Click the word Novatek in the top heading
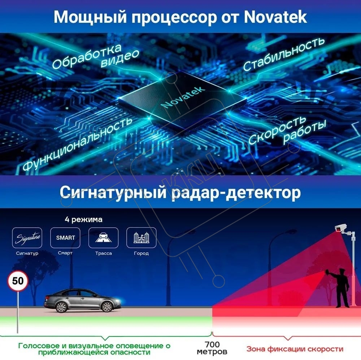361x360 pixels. [x=275, y=17]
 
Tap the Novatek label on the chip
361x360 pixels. [x=183, y=97]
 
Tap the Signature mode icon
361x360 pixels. [x=27, y=237]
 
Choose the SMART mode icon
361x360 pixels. [x=65, y=237]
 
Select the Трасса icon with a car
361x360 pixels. [x=103, y=237]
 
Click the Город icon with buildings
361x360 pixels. [x=142, y=237]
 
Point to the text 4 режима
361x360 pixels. [x=84, y=219]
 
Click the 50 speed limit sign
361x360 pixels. [x=18, y=281]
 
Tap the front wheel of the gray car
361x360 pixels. [x=107, y=307]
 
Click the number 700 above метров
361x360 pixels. [x=212, y=344]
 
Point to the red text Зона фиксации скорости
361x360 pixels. [x=295, y=349]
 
